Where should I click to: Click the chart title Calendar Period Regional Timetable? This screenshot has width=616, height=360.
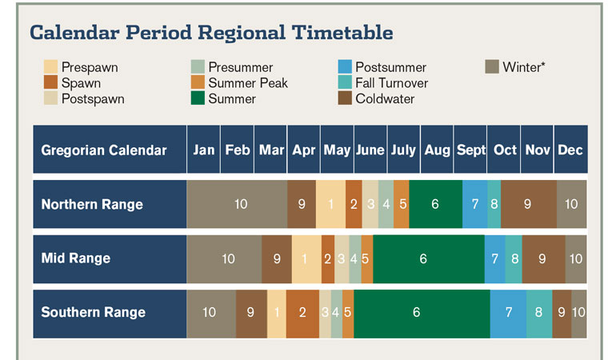(x=211, y=33)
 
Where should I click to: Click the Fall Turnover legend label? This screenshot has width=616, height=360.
(x=391, y=83)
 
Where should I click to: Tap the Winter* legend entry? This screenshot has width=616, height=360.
(x=524, y=67)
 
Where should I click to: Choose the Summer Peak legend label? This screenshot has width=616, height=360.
(x=247, y=83)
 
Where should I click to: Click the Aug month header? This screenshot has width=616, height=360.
(x=438, y=150)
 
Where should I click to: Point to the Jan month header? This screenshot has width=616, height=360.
(x=204, y=150)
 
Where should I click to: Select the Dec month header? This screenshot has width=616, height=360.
(x=570, y=150)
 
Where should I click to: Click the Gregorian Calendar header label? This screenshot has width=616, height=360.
(x=104, y=150)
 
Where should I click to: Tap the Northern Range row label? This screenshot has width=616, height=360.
(x=92, y=204)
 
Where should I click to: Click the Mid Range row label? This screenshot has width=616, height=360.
(x=76, y=258)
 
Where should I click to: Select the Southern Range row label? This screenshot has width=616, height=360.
(x=94, y=312)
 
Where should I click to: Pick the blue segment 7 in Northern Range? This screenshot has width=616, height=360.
(x=474, y=204)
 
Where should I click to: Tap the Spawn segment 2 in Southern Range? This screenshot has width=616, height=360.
(x=302, y=312)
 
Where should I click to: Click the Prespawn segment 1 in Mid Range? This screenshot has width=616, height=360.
(x=306, y=258)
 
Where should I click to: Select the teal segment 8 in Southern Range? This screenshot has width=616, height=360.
(x=538, y=312)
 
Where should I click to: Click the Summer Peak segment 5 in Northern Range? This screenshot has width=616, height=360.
(x=402, y=204)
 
